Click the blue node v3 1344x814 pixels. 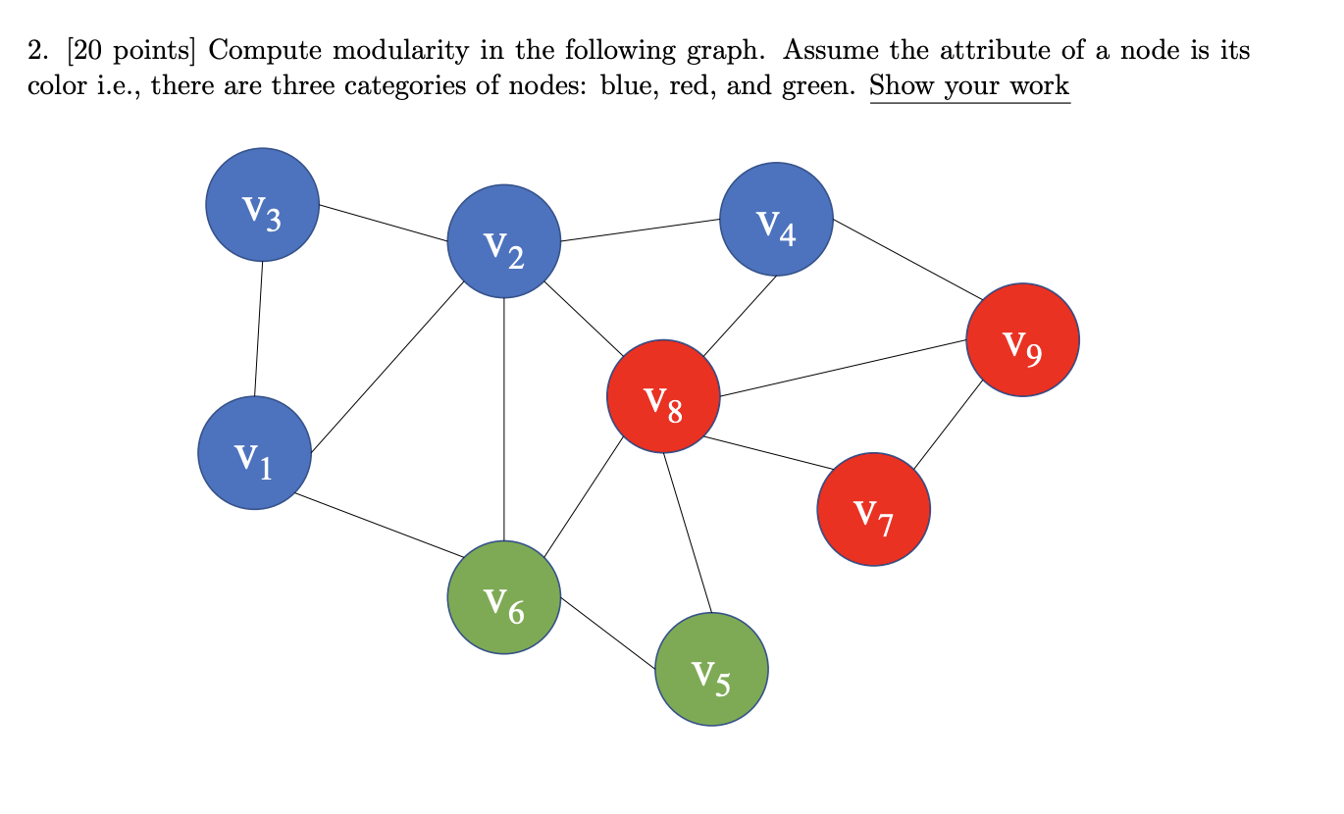tap(262, 204)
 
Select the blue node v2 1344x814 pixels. tap(504, 241)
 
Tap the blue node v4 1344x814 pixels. tap(776, 219)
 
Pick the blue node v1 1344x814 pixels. tap(255, 453)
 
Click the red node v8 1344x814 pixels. tap(663, 396)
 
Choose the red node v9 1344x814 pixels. tap(1022, 339)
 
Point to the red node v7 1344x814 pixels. tap(873, 509)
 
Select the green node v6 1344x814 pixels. tap(504, 596)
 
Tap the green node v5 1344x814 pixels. tap(711, 669)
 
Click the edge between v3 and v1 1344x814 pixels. tap(259, 329)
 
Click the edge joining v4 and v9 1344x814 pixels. tap(901, 259)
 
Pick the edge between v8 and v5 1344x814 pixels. tap(687, 533)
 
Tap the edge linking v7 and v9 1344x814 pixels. tap(947, 425)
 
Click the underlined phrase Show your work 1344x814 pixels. tap(969, 85)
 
